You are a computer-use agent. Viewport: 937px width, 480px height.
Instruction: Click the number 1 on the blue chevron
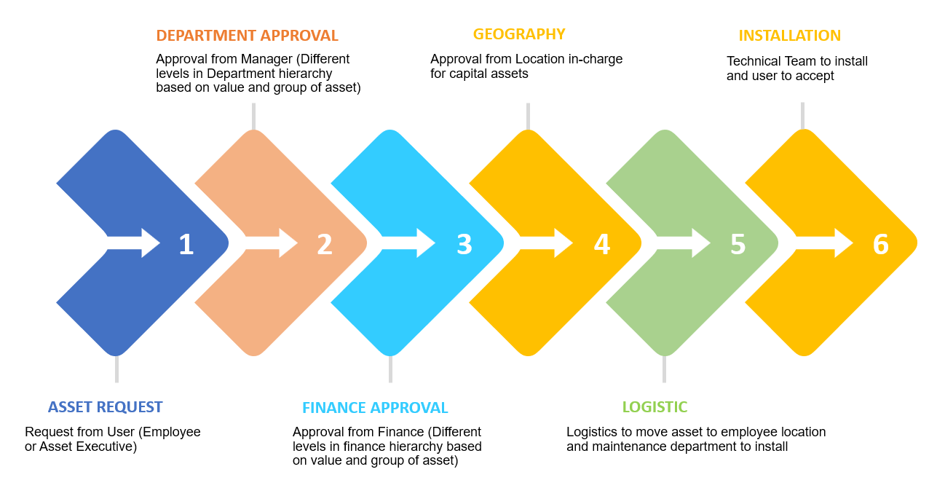click(186, 244)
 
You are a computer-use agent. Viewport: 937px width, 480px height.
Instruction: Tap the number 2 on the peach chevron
click(325, 244)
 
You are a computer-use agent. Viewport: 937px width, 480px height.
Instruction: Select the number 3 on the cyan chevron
click(464, 244)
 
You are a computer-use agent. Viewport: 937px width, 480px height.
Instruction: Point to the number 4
click(601, 244)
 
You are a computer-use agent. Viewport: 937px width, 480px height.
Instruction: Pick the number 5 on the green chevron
click(738, 244)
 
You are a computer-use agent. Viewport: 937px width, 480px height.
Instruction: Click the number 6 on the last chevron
click(881, 244)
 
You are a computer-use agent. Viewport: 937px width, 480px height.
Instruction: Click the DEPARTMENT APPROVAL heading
click(247, 36)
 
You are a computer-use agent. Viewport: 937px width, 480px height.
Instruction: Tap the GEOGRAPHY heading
click(519, 34)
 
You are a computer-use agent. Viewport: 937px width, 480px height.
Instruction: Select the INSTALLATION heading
click(789, 36)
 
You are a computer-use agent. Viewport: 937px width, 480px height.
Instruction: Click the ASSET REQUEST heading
click(106, 407)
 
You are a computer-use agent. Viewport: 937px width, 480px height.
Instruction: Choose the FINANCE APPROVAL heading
click(375, 408)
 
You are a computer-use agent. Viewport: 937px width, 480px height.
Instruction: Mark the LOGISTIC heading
click(655, 407)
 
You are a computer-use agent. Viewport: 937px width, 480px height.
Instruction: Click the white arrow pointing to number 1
click(135, 243)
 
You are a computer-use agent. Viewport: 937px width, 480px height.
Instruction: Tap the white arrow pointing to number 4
click(547, 243)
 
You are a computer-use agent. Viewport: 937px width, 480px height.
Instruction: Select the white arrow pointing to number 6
click(826, 243)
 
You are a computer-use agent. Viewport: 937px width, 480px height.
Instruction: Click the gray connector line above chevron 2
click(253, 117)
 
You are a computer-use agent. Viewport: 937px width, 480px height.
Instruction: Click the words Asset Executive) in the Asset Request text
click(88, 446)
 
